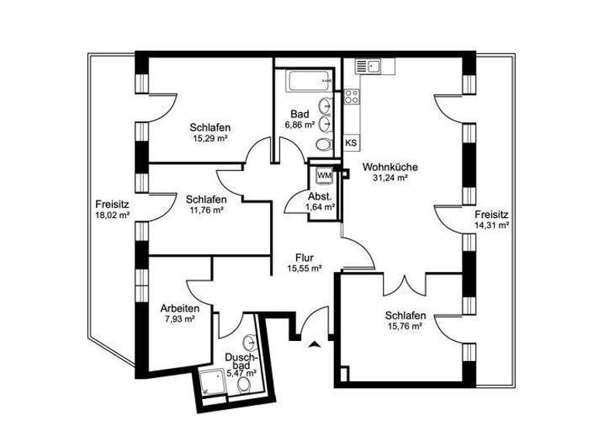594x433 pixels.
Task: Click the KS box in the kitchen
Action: pos(350,143)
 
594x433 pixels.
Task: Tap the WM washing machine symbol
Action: pos(324,175)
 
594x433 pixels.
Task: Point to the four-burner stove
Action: pos(352,97)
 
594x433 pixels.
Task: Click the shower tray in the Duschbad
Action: pos(211,382)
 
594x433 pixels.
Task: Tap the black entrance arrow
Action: pos(313,345)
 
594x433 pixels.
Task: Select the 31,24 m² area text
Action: pos(390,177)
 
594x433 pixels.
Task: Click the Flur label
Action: pos(304,257)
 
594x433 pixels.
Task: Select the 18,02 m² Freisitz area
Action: pos(111,215)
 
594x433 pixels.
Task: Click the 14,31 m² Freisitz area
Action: pos(492,225)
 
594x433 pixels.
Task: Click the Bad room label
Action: pos(299,114)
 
